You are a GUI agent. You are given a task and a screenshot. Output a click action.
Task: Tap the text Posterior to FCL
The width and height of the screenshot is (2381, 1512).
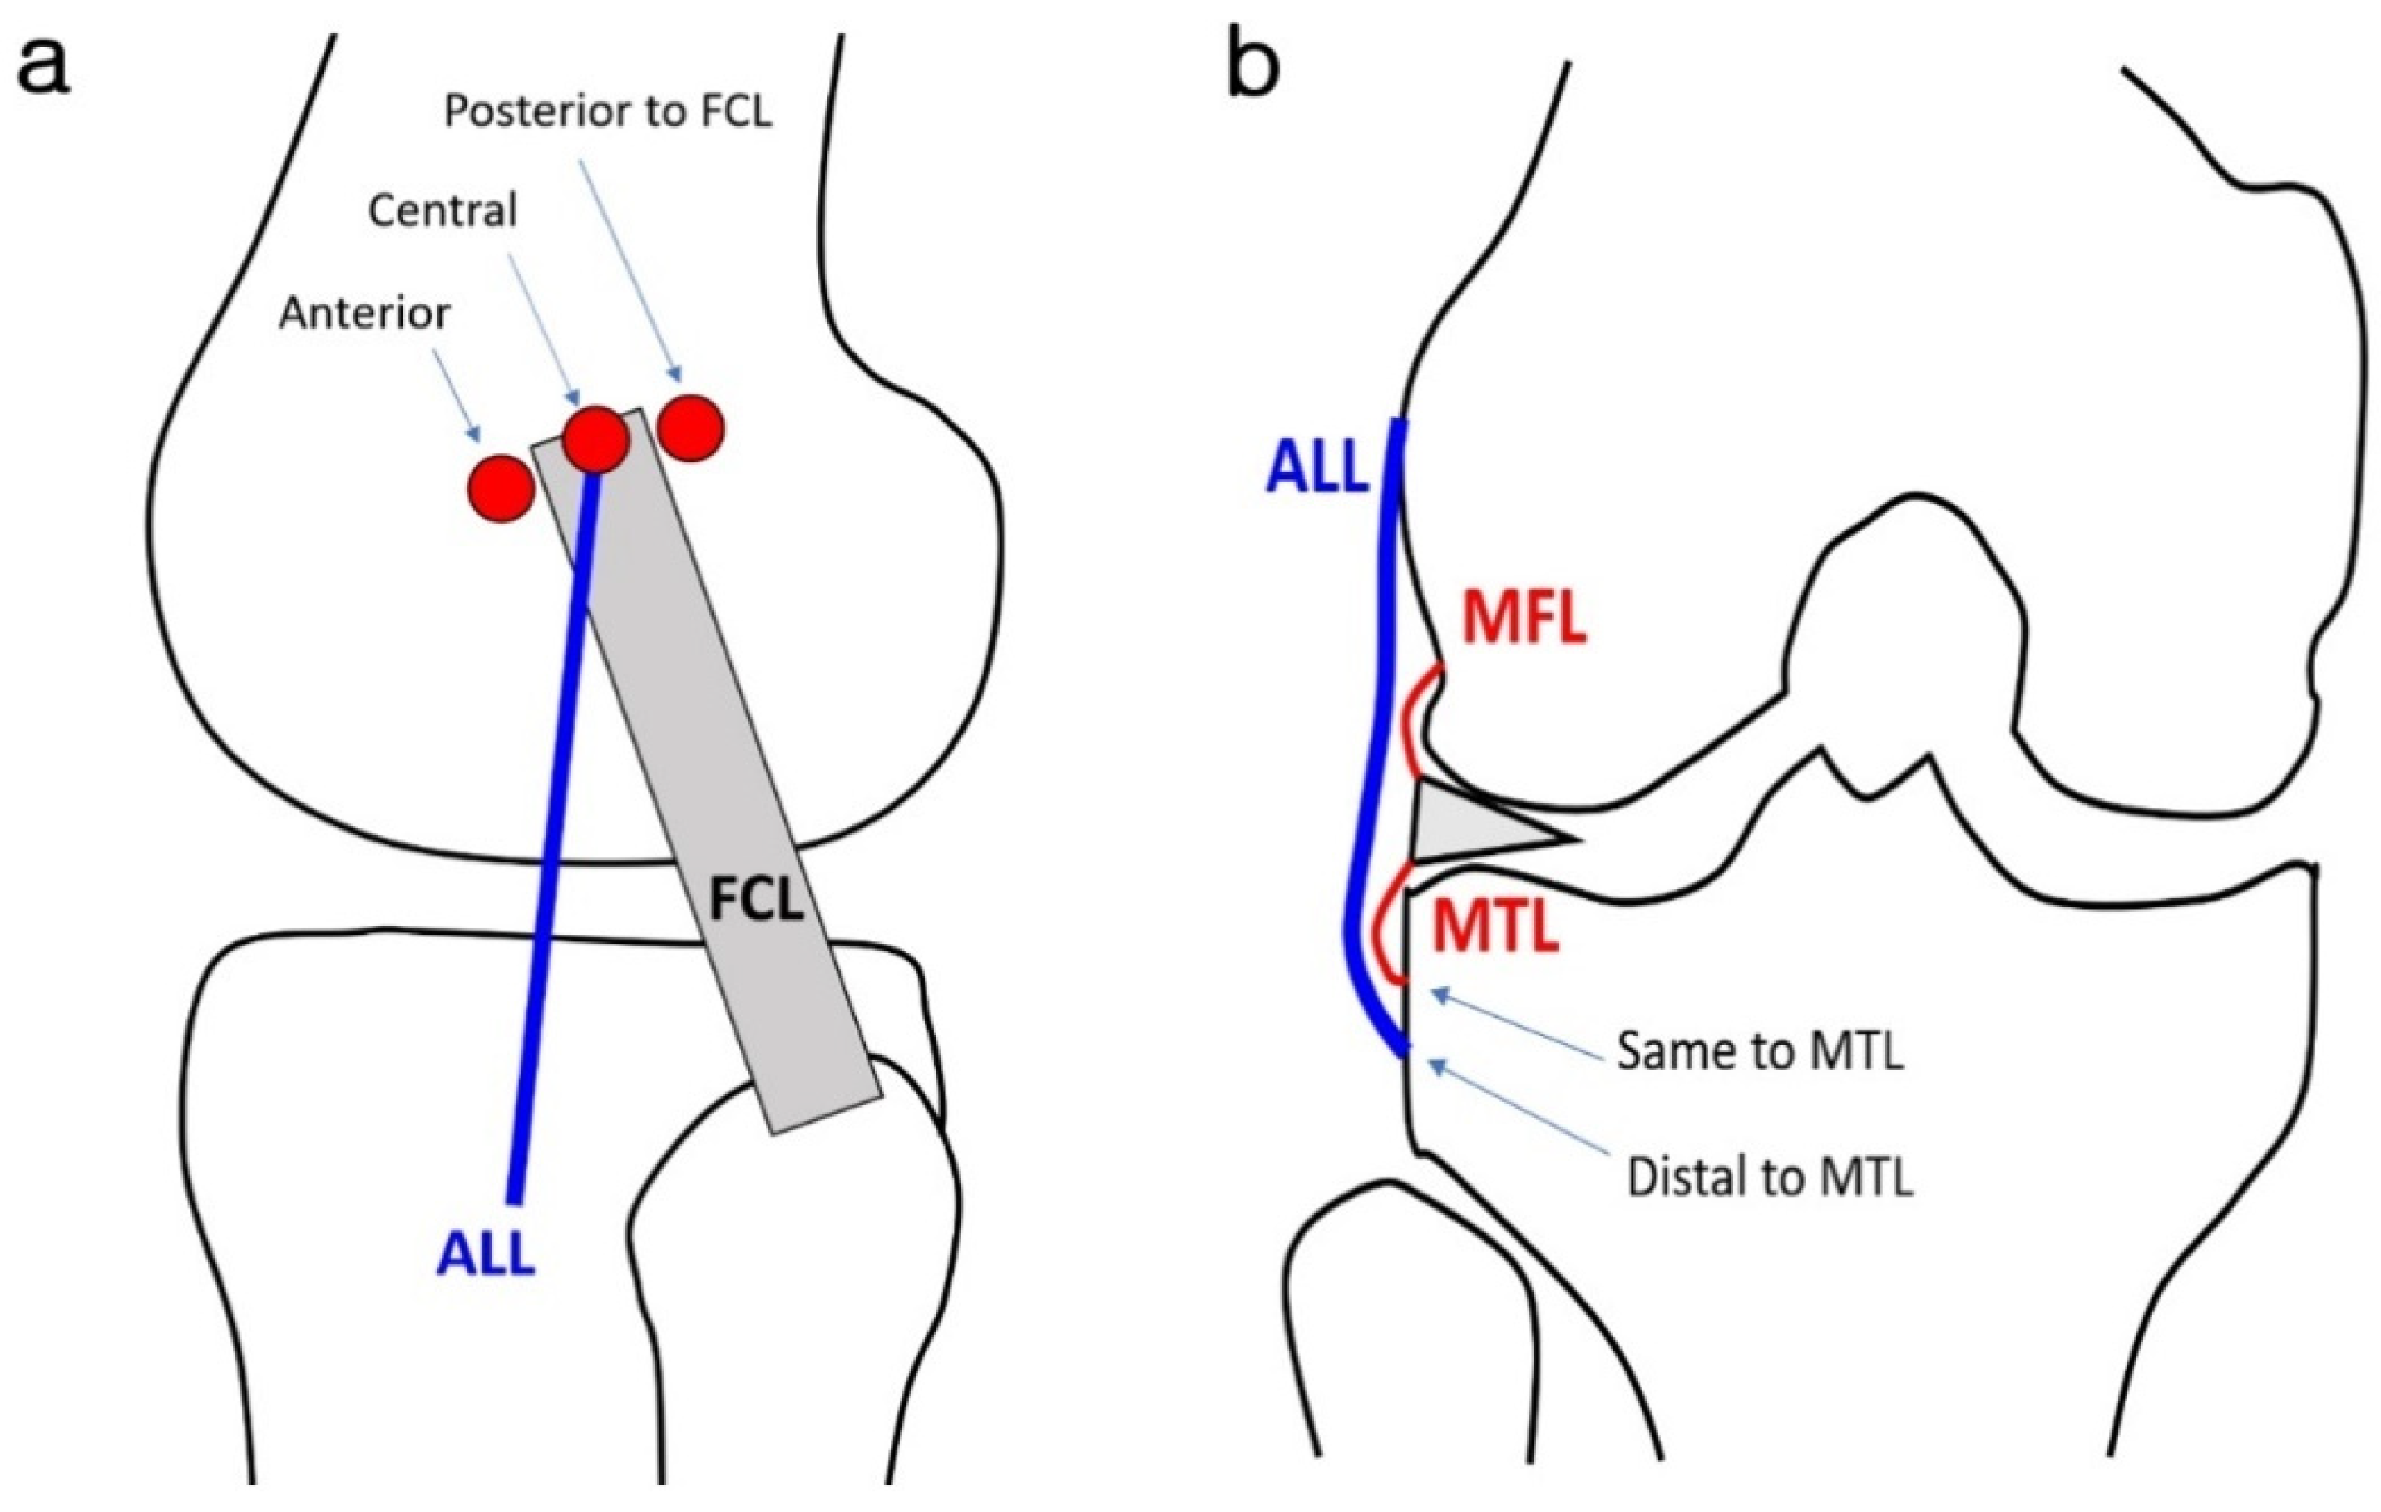click(x=607, y=111)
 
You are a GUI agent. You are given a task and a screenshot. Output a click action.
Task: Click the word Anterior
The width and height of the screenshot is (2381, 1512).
click(x=364, y=313)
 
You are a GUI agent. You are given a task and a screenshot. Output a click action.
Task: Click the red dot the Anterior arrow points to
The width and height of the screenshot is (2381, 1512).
click(x=501, y=487)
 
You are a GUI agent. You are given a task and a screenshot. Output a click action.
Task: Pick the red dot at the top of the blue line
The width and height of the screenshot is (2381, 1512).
click(x=596, y=438)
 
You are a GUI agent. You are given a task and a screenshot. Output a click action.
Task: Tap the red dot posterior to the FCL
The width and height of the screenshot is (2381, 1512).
click(x=691, y=428)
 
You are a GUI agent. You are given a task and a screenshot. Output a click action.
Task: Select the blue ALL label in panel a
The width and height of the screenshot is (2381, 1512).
click(x=487, y=1255)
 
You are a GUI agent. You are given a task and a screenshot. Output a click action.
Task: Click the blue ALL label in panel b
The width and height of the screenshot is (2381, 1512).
click(x=1317, y=467)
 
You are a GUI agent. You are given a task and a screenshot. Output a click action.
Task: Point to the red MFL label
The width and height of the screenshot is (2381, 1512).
click(x=1524, y=620)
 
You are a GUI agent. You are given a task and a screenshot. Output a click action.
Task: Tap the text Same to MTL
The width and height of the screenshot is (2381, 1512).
click(x=1759, y=1051)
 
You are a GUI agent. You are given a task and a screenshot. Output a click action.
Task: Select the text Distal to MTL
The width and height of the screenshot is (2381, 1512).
click(x=1769, y=1178)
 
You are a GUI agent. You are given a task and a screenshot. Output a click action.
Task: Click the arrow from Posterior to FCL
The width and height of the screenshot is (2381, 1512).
click(x=630, y=272)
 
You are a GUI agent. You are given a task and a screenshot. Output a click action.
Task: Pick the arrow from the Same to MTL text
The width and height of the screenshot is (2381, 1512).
click(x=1518, y=1025)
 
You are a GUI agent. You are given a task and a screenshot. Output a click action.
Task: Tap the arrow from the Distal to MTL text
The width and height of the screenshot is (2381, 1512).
click(x=1518, y=1108)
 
